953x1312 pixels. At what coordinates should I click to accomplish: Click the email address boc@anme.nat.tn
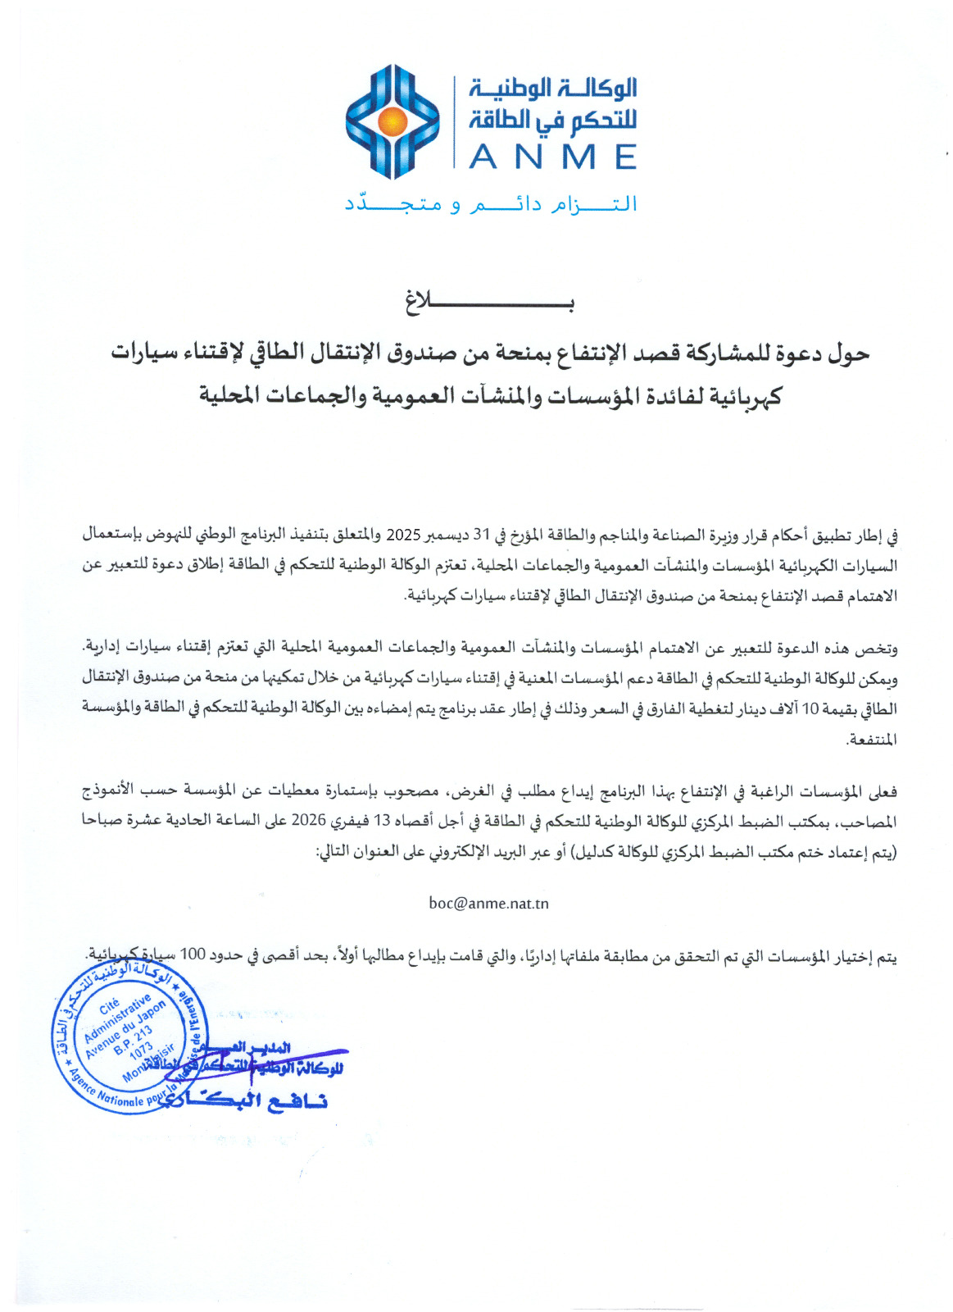click(x=488, y=904)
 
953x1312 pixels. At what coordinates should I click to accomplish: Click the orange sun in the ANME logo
click(x=393, y=122)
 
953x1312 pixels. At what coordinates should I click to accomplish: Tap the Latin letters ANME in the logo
click(x=553, y=157)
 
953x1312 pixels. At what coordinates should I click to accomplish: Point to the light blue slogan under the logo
click(x=491, y=204)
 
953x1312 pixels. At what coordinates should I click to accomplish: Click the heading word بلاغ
click(x=489, y=303)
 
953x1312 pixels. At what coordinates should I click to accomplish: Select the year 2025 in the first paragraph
click(x=403, y=535)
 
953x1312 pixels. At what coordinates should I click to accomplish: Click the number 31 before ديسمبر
click(x=481, y=535)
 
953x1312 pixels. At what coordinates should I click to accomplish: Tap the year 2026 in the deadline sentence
click(x=310, y=821)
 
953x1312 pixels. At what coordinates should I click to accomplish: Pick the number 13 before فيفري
click(x=383, y=821)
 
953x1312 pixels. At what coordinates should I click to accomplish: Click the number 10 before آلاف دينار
click(x=810, y=709)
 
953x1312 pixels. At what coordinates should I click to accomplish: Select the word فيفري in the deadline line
click(x=347, y=821)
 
